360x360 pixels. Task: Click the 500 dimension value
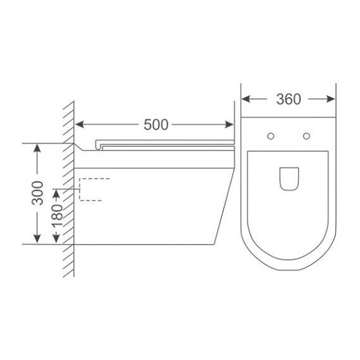pyautogui.click(x=156, y=124)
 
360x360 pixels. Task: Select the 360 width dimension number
pyautogui.click(x=289, y=99)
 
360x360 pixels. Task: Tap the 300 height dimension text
pyautogui.click(x=37, y=193)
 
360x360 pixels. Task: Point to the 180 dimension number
pyautogui.click(x=57, y=215)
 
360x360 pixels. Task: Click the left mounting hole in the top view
pyautogui.click(x=271, y=136)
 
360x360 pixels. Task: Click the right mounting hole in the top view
pyautogui.click(x=306, y=136)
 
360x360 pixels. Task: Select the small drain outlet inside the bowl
pyautogui.click(x=289, y=179)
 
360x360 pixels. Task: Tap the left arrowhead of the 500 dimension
pyautogui.click(x=79, y=124)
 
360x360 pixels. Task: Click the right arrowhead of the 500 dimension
pyautogui.click(x=229, y=124)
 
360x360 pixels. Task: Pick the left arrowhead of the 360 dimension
pyautogui.click(x=246, y=99)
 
